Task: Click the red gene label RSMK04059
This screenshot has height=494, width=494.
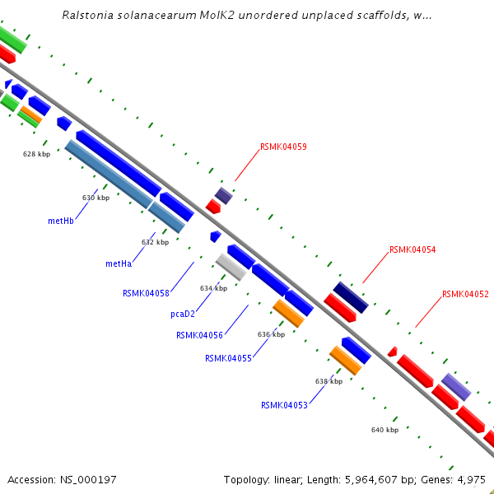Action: (x=283, y=147)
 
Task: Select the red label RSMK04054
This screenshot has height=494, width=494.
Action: (x=412, y=249)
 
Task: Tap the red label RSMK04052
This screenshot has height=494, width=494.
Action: (x=465, y=294)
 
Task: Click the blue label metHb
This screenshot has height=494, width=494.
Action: (x=62, y=221)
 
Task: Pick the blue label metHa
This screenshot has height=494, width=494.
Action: (x=119, y=264)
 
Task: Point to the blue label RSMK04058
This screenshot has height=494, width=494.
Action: (x=146, y=293)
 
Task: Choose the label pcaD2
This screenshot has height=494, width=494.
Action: (x=183, y=314)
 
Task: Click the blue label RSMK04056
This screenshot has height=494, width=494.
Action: (x=199, y=335)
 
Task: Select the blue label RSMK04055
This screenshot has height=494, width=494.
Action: (x=228, y=358)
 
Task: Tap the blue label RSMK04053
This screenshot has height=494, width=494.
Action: (x=284, y=405)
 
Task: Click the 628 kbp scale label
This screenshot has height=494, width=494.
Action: (x=36, y=154)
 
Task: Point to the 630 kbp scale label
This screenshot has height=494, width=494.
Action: (x=96, y=198)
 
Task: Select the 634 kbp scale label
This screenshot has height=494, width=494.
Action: (x=213, y=288)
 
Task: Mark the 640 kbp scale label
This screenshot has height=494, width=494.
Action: (x=384, y=430)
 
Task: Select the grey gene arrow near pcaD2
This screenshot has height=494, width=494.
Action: (x=231, y=267)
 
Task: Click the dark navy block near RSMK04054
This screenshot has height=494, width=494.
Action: (x=350, y=296)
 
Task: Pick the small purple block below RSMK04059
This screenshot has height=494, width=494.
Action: (x=224, y=195)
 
